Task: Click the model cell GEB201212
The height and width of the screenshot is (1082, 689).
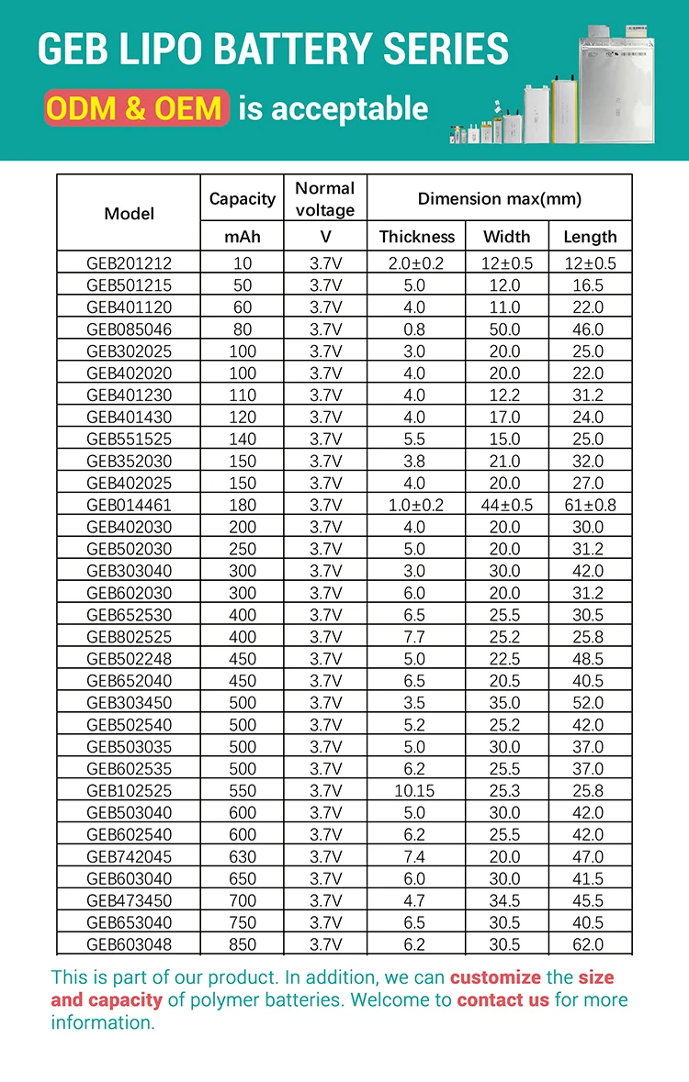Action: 129,263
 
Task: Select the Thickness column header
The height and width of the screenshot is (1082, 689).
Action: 416,237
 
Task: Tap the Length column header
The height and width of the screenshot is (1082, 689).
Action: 590,237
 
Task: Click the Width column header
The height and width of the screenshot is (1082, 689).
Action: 506,237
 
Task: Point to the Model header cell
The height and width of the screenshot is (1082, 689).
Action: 129,214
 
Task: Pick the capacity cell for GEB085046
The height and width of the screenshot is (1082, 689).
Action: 243,329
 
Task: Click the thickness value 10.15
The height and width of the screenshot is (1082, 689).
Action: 416,790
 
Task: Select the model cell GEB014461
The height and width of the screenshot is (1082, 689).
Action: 129,505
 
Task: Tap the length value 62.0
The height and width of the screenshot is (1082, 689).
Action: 589,944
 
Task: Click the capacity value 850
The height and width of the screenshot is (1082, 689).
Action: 243,944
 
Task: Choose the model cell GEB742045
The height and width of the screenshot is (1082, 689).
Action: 129,856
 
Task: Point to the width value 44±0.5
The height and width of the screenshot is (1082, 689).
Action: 506,505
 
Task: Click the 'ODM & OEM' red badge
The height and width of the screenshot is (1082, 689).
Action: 135,109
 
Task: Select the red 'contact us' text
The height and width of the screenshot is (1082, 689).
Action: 503,999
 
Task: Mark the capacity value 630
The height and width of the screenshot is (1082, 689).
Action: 243,856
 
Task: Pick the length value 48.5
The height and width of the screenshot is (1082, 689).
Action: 589,659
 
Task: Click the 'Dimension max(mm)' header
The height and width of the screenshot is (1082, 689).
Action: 499,198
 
